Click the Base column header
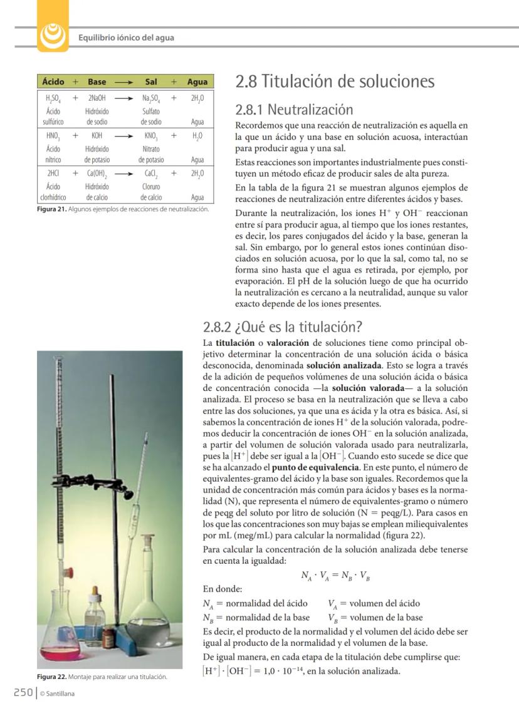[x=97, y=82]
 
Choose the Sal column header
[x=150, y=82]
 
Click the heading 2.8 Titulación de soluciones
[x=334, y=82]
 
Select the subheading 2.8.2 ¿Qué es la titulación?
[x=283, y=328]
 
